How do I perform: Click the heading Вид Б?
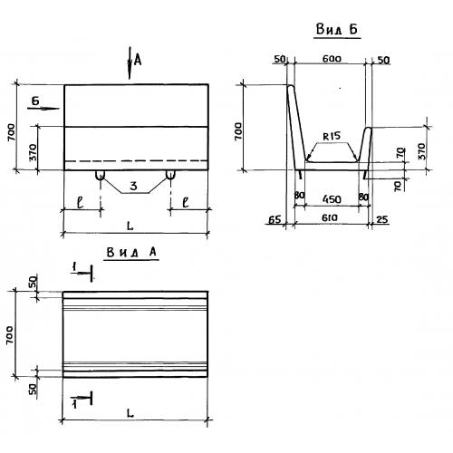tap(337, 30)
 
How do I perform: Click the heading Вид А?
tap(131, 253)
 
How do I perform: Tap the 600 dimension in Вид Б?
tap(332, 59)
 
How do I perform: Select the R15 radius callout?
tap(332, 137)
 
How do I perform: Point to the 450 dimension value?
tap(332, 199)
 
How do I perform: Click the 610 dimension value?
tap(329, 217)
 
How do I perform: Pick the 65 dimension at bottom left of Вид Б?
tap(275, 219)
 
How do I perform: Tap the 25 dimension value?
tap(382, 219)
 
